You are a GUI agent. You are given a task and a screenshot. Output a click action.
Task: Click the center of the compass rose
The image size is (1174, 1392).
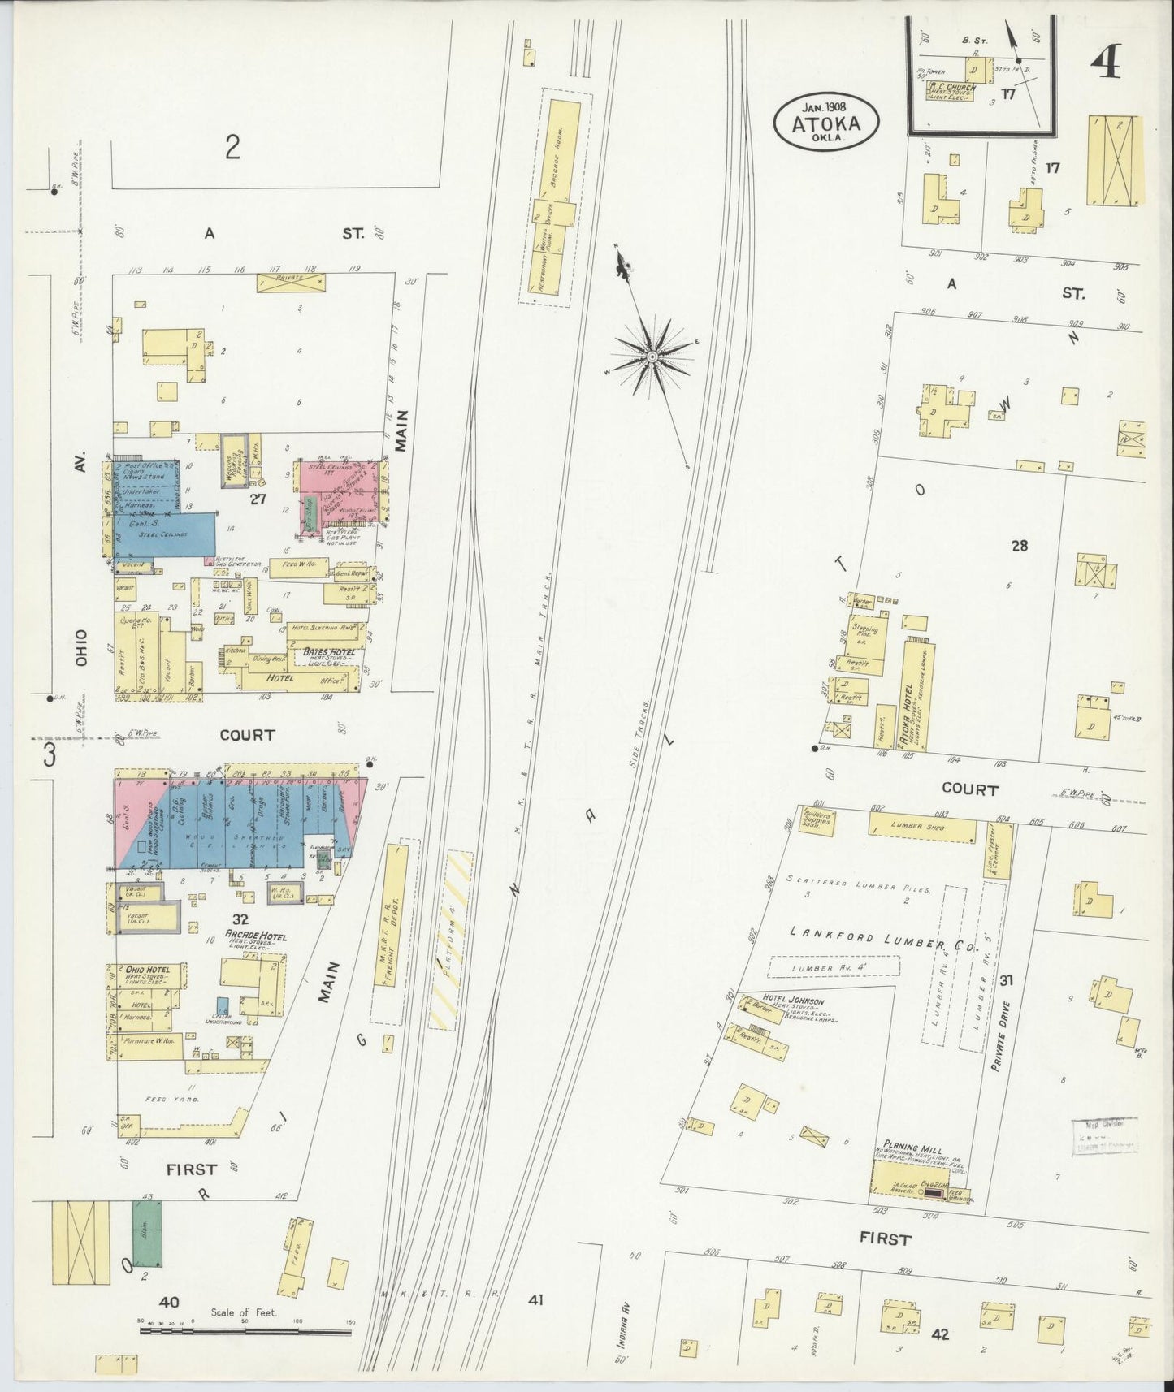pyautogui.click(x=652, y=357)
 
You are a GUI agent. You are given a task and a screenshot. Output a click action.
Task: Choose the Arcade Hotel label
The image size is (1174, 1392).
pyautogui.click(x=257, y=936)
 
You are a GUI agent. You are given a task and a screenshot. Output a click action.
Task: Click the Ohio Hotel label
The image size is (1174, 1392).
pyautogui.click(x=146, y=969)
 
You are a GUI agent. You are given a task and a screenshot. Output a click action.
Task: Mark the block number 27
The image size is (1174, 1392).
pyautogui.click(x=258, y=499)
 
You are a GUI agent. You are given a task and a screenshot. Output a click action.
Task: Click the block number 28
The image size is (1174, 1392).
pyautogui.click(x=1019, y=546)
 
